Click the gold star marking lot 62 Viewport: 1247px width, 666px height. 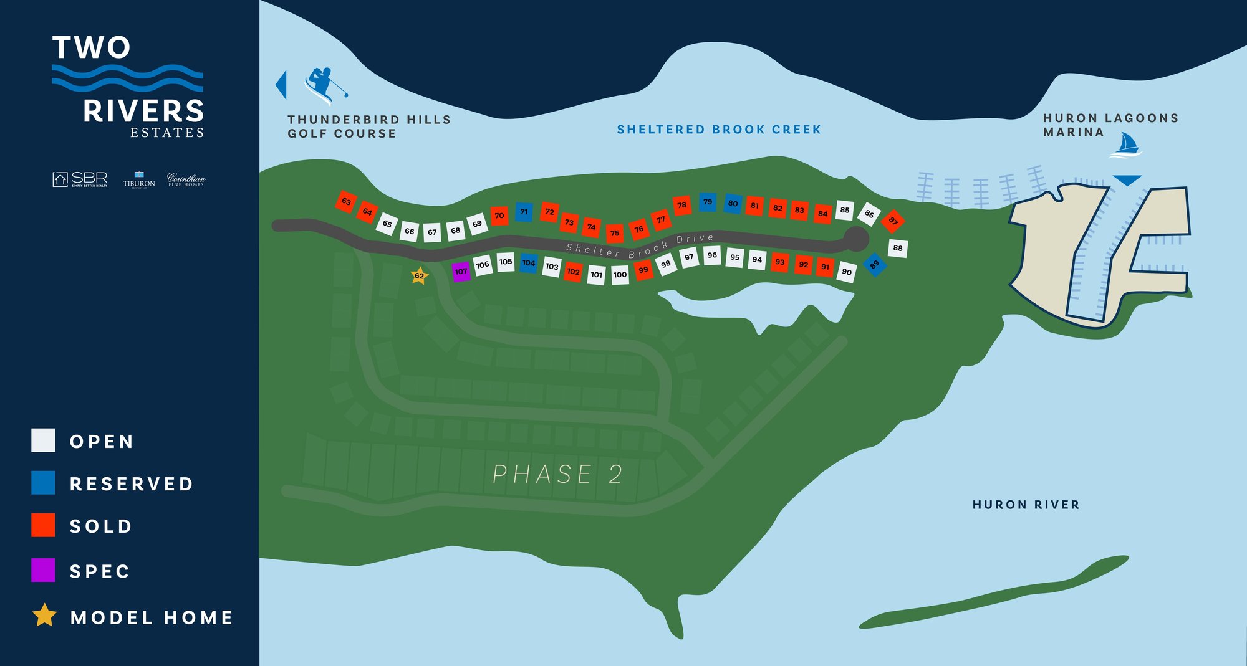click(419, 275)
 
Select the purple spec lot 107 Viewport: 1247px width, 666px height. click(461, 271)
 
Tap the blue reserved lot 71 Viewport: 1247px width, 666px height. click(524, 212)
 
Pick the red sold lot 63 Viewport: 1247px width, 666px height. click(346, 201)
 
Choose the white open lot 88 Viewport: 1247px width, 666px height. click(897, 248)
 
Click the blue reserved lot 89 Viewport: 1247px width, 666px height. click(874, 264)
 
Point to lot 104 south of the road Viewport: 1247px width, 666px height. click(529, 263)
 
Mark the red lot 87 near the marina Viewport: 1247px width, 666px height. click(893, 221)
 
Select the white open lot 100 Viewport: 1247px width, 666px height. click(620, 274)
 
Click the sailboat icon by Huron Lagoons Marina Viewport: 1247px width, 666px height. click(1125, 145)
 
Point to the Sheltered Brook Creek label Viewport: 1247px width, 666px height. click(719, 130)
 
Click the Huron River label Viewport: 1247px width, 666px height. click(1026, 505)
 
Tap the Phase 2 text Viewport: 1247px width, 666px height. click(557, 474)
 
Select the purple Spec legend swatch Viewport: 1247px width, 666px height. click(43, 570)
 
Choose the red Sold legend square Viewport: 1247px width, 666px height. click(43, 525)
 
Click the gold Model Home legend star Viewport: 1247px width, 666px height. click(44, 616)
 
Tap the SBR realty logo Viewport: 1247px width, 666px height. click(80, 179)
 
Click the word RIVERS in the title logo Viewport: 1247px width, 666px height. click(144, 112)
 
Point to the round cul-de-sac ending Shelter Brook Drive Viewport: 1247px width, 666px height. click(856, 239)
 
